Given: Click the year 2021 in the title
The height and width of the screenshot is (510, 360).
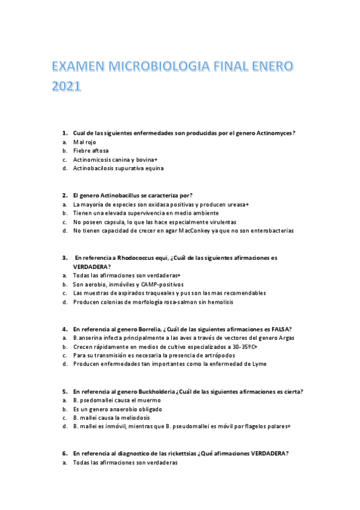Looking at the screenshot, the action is point(62,87).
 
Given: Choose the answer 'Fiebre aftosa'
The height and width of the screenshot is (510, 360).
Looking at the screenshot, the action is point(91,150).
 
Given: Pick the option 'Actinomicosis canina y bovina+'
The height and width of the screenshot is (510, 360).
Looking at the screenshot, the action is point(115,159).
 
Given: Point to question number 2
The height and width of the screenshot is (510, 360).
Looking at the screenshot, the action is point(65,195).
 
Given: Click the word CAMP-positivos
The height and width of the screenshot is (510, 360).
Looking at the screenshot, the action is point(162,284).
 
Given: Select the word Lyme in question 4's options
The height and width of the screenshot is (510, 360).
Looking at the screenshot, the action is point(259,363).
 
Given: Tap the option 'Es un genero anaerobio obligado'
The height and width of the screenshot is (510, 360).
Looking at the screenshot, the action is point(114,408).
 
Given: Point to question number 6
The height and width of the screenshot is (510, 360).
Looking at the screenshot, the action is point(65,453).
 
